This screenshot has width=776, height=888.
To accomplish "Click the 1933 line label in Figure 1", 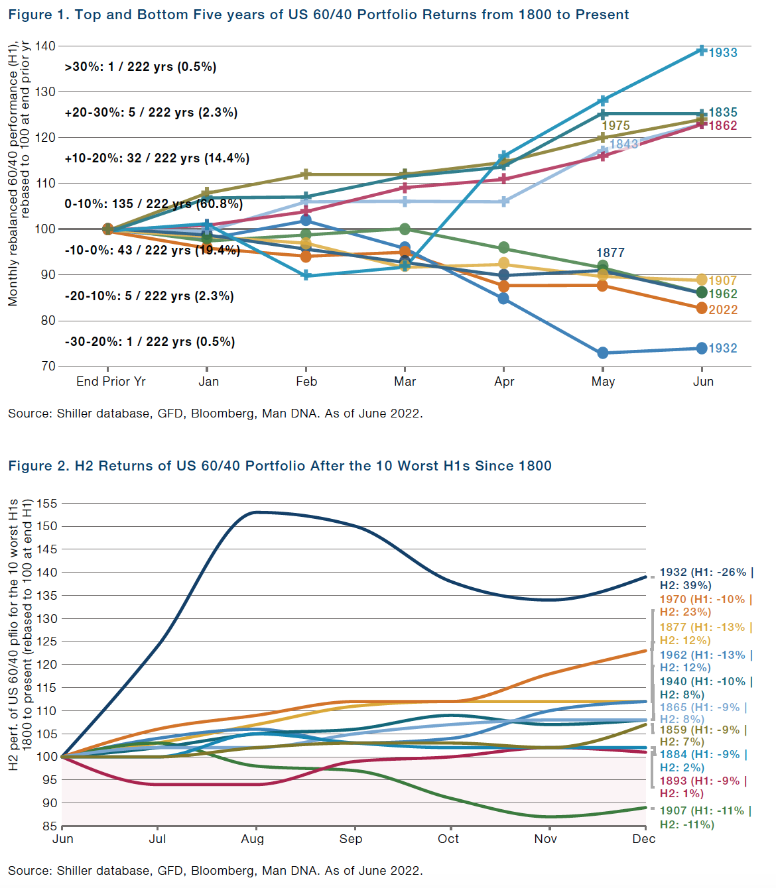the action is pyautogui.click(x=722, y=52).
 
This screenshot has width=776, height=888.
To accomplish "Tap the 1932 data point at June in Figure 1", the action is pyautogui.click(x=701, y=348).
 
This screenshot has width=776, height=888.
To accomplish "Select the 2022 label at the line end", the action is pyautogui.click(x=723, y=309).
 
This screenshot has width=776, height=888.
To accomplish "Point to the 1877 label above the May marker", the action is pyautogui.click(x=610, y=252).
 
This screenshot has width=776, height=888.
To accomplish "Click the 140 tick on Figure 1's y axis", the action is pyautogui.click(x=45, y=46).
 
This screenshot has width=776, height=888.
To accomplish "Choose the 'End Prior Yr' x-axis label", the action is pyautogui.click(x=111, y=382).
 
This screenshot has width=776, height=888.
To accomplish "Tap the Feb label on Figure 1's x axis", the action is pyautogui.click(x=306, y=382).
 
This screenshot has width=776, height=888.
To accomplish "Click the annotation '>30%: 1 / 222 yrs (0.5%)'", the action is pyautogui.click(x=140, y=67).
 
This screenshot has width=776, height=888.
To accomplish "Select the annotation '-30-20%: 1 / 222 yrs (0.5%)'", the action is pyautogui.click(x=150, y=342).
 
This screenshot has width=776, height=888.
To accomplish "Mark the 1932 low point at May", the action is pyautogui.click(x=602, y=353).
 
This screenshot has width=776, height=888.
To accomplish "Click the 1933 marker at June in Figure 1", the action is pyautogui.click(x=701, y=51).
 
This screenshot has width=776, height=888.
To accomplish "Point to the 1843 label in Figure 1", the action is pyautogui.click(x=623, y=144).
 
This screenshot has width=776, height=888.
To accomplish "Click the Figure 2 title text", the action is pyautogui.click(x=280, y=466).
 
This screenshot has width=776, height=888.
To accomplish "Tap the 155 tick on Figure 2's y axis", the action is pyautogui.click(x=47, y=504).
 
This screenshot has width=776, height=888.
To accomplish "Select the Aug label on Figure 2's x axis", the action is pyautogui.click(x=252, y=838).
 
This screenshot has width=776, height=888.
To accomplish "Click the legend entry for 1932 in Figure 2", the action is pyautogui.click(x=706, y=579).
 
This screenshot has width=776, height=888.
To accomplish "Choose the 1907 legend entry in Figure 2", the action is pyautogui.click(x=705, y=817).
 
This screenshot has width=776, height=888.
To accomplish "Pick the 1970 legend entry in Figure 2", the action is pyautogui.click(x=706, y=606).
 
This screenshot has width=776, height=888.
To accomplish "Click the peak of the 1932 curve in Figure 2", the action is pyautogui.click(x=256, y=512).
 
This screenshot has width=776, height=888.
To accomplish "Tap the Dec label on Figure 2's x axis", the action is pyautogui.click(x=643, y=838).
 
